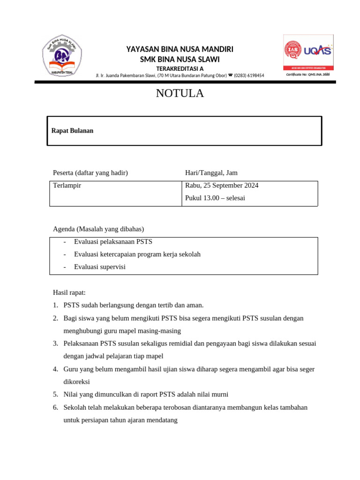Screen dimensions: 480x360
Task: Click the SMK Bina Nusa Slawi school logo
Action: point(62,56)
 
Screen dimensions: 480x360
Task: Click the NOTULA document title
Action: point(180,94)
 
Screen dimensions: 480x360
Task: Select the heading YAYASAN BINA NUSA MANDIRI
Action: point(180,50)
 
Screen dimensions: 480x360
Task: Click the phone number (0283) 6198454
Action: point(249,75)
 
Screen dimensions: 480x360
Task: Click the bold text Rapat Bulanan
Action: point(72,131)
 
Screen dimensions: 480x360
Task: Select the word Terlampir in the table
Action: point(67,186)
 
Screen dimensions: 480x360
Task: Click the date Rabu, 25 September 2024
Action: point(222,186)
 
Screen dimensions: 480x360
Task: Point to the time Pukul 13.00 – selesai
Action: point(215,198)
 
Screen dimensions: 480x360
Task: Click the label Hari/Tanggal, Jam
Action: point(211,173)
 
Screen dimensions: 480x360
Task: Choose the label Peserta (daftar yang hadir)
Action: point(90,173)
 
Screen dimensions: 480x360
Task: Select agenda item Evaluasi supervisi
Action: point(100,267)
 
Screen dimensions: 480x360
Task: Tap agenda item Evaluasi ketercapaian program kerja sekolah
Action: point(137,254)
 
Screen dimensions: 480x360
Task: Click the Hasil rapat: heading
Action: point(69,292)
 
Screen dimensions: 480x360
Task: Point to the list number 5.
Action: point(55,395)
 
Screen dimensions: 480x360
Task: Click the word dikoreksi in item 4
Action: point(76,382)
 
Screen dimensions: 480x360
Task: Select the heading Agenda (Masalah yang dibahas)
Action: point(98,229)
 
